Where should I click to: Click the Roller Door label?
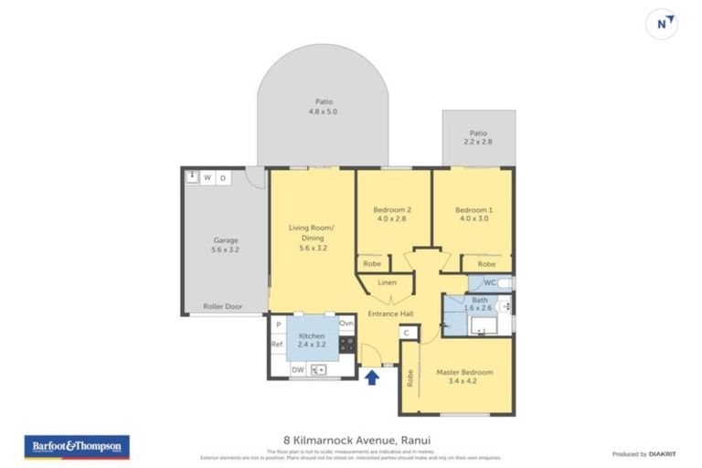222,307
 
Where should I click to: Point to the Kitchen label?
310,339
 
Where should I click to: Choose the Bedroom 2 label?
393,214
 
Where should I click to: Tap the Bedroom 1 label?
473,214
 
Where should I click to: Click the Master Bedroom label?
464,378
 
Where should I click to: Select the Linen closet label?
388,283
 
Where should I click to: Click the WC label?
490,282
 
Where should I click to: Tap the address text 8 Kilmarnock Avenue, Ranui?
352,440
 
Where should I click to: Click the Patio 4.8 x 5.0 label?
323,107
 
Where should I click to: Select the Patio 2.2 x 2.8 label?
478,137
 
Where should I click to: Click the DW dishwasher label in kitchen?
297,369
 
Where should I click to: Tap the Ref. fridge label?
277,345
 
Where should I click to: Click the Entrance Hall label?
391,314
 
